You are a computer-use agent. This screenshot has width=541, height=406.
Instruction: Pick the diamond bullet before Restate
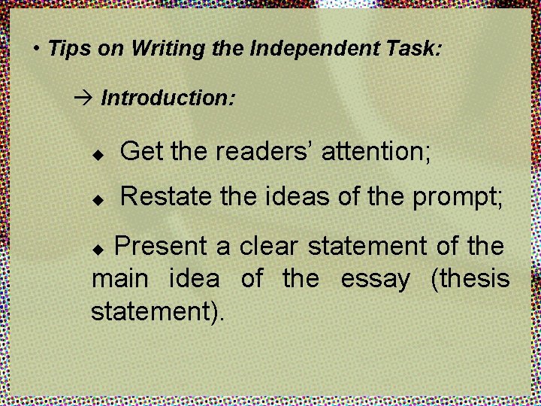coord(96,199)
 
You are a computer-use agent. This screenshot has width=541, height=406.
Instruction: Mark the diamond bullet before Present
coord(105,247)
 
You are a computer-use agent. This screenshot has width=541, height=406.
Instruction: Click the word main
coord(119,279)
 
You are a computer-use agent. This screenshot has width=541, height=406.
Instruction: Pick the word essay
coord(375,279)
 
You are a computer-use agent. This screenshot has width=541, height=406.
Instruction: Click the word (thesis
coord(470,279)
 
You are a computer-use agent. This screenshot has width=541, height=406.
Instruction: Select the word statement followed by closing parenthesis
coord(158,311)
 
